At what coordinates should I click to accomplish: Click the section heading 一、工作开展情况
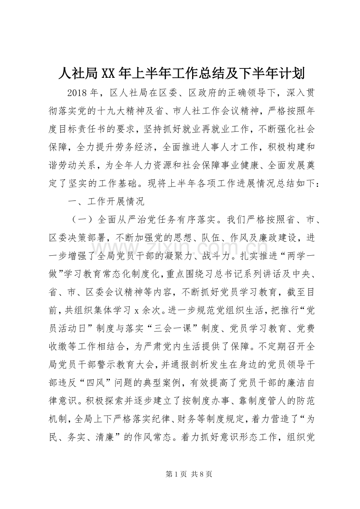(x=106, y=202)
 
